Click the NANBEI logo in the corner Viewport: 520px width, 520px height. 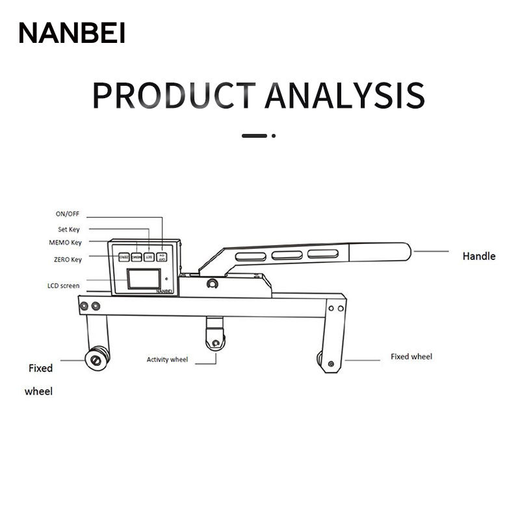[71, 32]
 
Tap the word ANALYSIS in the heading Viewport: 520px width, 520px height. [344, 95]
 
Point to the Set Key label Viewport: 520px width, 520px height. [69, 229]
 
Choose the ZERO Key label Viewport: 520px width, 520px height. [68, 259]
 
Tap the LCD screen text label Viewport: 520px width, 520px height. [64, 285]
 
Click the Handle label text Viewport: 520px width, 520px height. [478, 256]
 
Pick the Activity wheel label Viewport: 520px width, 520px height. [167, 359]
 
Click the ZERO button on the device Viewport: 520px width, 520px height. [123, 257]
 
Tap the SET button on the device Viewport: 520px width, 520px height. [149, 257]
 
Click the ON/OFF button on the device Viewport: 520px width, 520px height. [161, 257]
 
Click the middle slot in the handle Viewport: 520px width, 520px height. [287, 255]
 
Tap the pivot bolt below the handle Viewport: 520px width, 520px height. [212, 284]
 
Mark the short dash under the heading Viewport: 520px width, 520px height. [254, 136]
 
